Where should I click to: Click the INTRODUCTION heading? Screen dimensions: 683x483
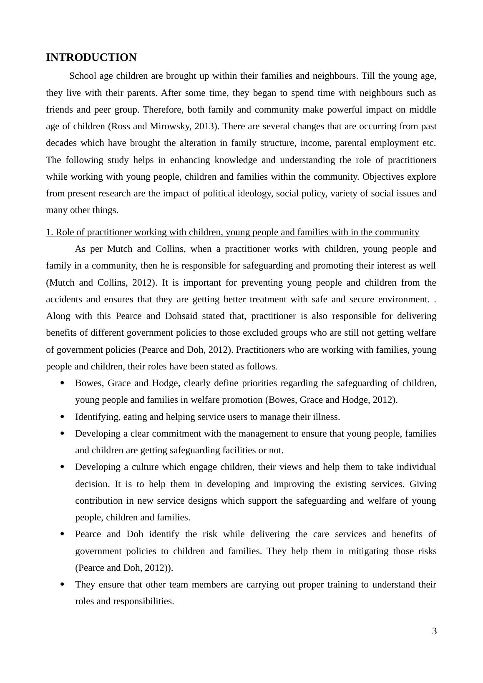pos(91,58)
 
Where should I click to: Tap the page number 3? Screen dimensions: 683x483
pos(434,631)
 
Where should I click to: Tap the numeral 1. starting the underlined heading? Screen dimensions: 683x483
pos(50,232)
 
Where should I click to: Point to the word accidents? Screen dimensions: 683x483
pos(63,299)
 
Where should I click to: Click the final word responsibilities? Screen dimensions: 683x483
pos(143,601)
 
